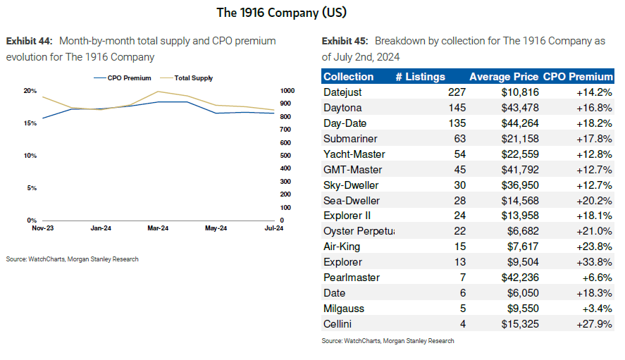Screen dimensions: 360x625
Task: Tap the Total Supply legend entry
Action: pyautogui.click(x=192, y=78)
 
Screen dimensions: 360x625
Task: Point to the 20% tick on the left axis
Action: pyautogui.click(x=30, y=91)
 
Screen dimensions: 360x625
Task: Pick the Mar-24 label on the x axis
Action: pyautogui.click(x=158, y=228)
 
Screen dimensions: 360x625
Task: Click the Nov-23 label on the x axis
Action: pyautogui.click(x=44, y=228)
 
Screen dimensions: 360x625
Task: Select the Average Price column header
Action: pyautogui.click(x=504, y=77)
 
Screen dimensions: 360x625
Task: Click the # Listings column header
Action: pyautogui.click(x=420, y=77)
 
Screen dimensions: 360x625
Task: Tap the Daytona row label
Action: pyautogui.click(x=342, y=108)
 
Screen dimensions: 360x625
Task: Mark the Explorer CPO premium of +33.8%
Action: pyautogui.click(x=593, y=262)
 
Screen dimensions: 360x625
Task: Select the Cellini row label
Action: pyautogui.click(x=339, y=324)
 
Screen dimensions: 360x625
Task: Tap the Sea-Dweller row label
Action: pyautogui.click(x=351, y=200)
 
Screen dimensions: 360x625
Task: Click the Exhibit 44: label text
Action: pyautogui.click(x=26, y=41)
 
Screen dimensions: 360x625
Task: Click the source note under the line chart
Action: pyautogui.click(x=73, y=259)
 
